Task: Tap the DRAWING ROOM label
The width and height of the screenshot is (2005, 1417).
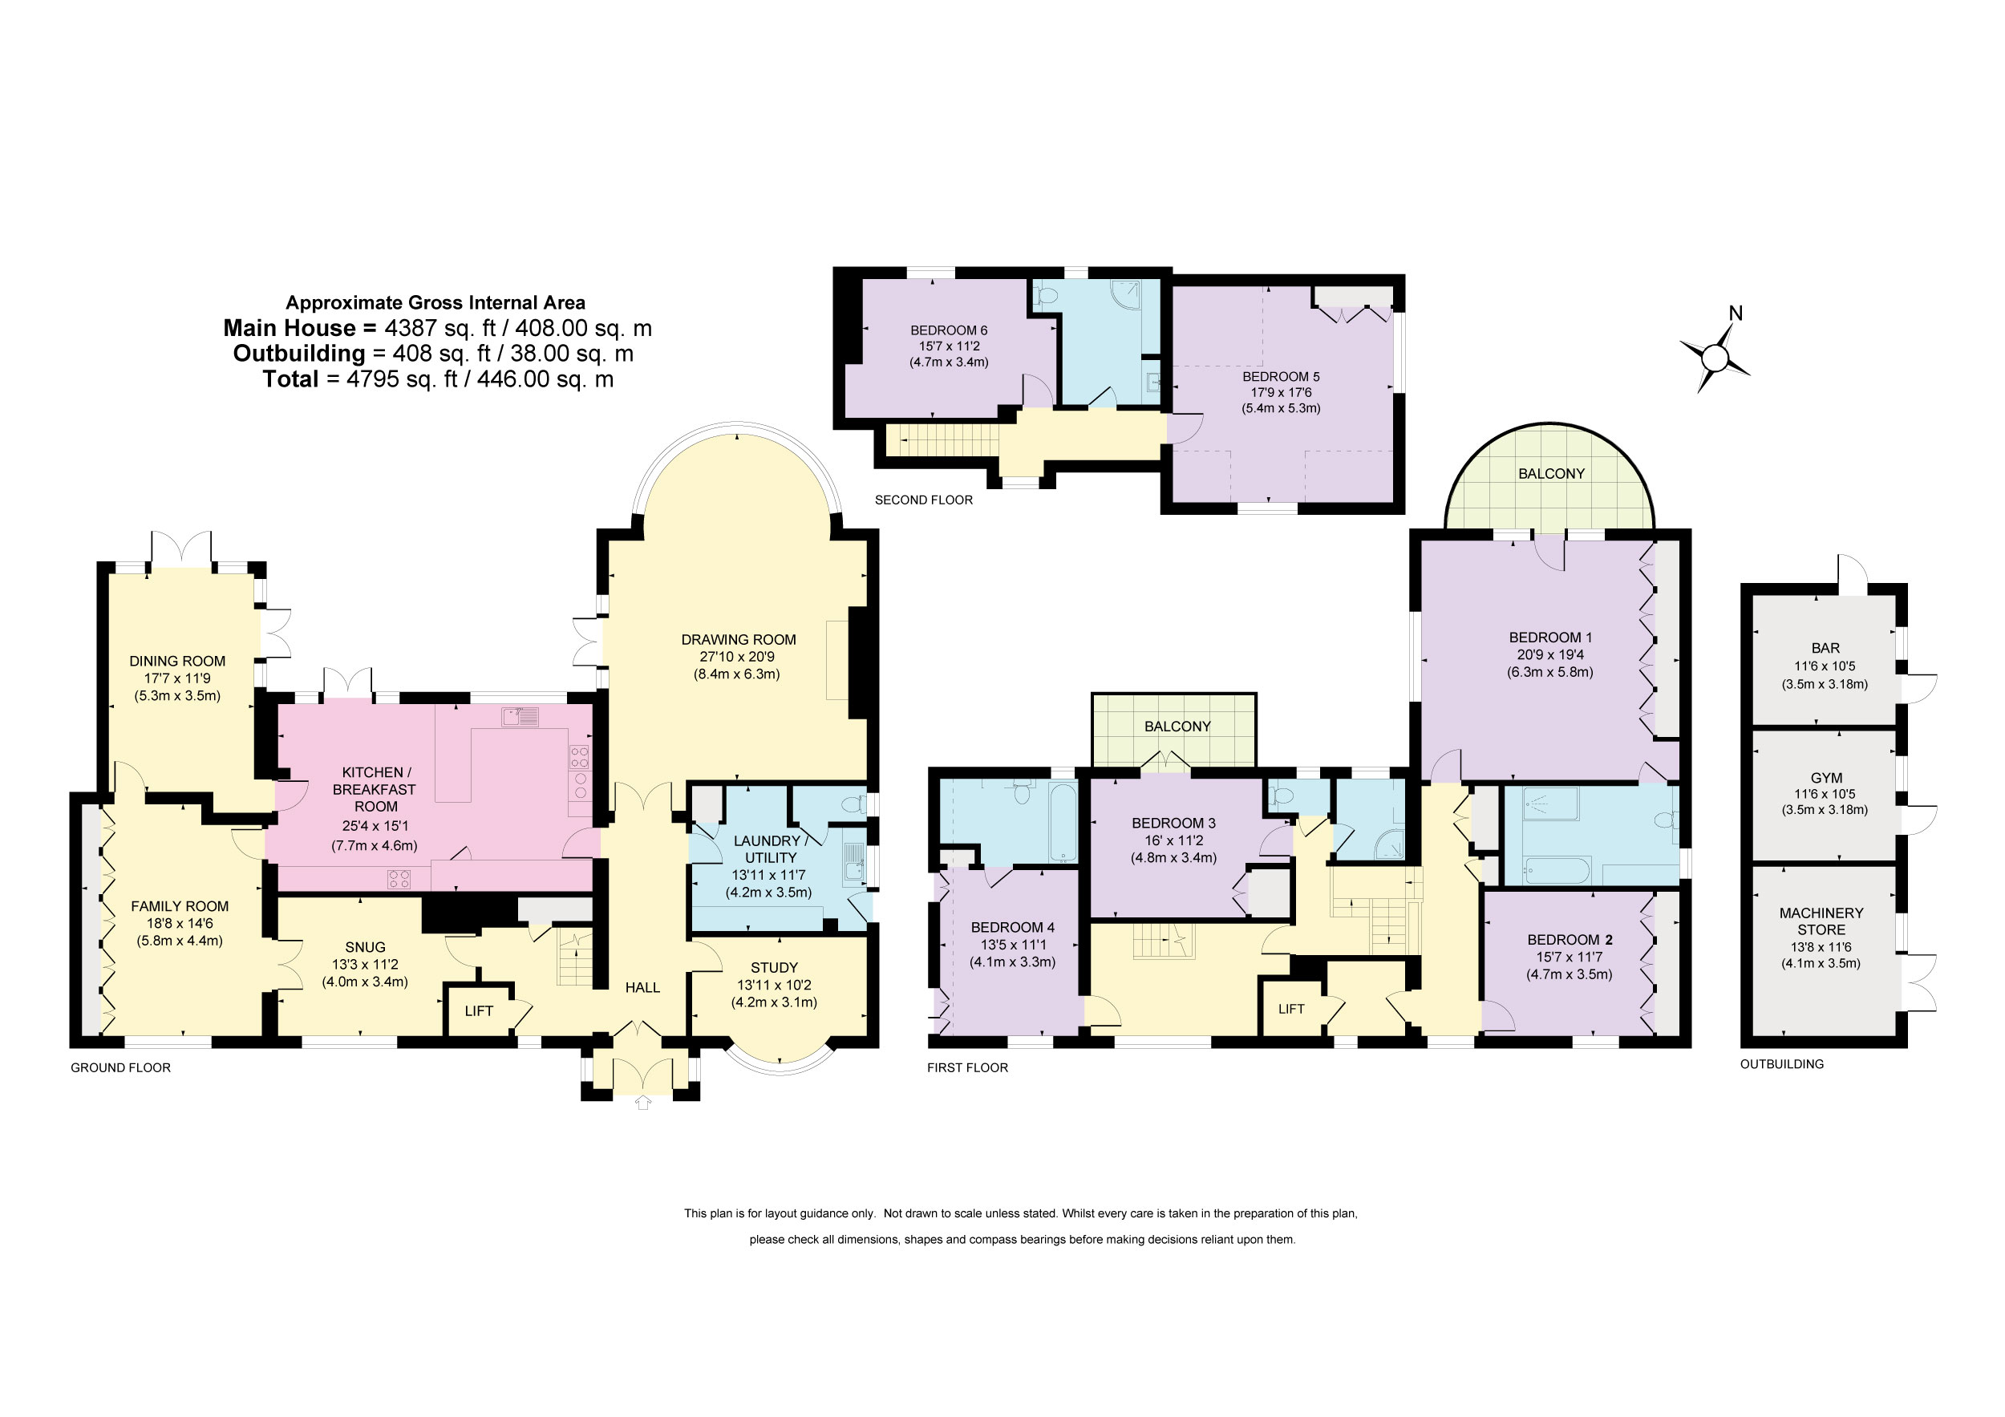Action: click(738, 639)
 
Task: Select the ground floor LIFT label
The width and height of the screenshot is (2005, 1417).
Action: click(479, 1011)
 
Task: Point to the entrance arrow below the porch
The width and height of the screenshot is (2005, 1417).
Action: click(642, 1103)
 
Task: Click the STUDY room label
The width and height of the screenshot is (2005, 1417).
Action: click(774, 967)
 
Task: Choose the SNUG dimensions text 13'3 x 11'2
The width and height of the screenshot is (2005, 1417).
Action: click(364, 964)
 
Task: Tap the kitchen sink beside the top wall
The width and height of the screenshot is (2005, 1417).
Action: click(520, 717)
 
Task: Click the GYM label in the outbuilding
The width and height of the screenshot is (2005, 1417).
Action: click(1826, 777)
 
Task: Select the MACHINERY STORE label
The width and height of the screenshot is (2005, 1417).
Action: click(1821, 921)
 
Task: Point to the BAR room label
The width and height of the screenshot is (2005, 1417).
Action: click(1825, 648)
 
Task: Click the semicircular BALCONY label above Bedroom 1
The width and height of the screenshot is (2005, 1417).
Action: click(1551, 473)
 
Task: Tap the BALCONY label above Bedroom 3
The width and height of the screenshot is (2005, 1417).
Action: click(1177, 727)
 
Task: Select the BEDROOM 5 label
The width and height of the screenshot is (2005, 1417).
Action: click(1281, 376)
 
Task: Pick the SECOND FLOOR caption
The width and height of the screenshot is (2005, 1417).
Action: click(923, 500)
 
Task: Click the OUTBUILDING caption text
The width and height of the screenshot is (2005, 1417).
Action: click(1781, 1063)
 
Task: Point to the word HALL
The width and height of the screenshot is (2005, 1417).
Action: click(642, 987)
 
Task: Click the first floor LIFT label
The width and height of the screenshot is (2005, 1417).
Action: click(1290, 1008)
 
